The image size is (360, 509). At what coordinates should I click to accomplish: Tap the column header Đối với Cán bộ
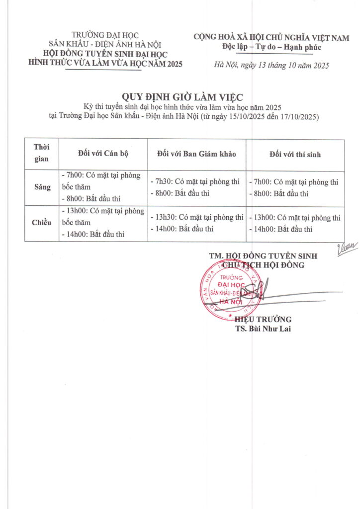coord(103,154)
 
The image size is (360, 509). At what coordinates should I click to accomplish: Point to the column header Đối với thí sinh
coord(295,155)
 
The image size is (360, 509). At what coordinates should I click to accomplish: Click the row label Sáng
coord(42,187)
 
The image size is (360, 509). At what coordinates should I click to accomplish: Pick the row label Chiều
coord(42,223)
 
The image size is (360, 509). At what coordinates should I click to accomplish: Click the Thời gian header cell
coord(42,154)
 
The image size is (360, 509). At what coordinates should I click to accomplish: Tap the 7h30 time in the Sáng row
coord(164,182)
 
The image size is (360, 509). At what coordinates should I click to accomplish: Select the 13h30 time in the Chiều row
coord(166,217)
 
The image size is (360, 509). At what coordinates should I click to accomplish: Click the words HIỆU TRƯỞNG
coord(263,319)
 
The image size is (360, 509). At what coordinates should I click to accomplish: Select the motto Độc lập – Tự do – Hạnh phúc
coord(271,47)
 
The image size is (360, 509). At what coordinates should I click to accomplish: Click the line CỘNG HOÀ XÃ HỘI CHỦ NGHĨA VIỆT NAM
coord(271,37)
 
